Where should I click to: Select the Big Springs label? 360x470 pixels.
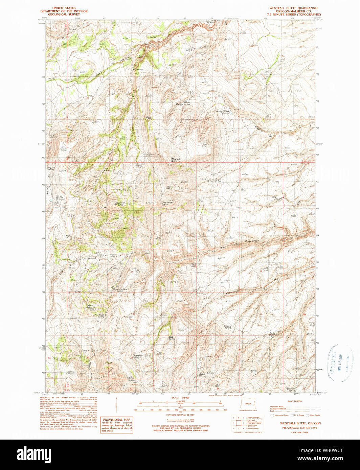pyautogui.click(x=138, y=70)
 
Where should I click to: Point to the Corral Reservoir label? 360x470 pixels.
pyautogui.click(x=53, y=136)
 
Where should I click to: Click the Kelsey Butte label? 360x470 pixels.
pyautogui.click(x=90, y=306)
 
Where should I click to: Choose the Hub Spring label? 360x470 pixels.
pyautogui.click(x=172, y=337)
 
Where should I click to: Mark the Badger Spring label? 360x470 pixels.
pyautogui.click(x=202, y=375)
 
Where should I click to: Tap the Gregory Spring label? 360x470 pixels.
pyautogui.click(x=227, y=327)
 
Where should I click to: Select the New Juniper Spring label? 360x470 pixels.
pyautogui.click(x=165, y=204)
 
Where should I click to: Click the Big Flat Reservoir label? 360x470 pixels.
pyautogui.click(x=60, y=198)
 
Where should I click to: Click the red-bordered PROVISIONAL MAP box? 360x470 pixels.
pyautogui.click(x=116, y=425)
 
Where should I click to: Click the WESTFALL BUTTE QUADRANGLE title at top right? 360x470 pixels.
pyautogui.click(x=294, y=8)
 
